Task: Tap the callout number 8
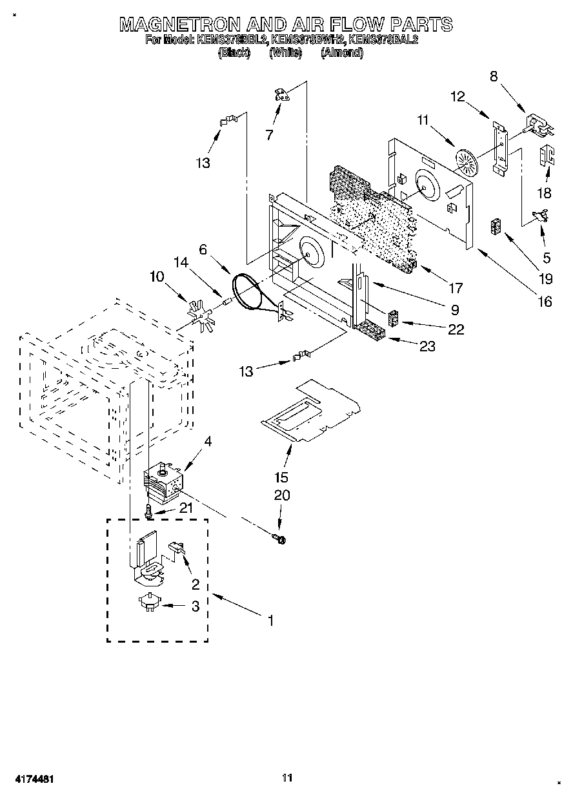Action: pos(494,76)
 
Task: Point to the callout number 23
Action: pos(427,346)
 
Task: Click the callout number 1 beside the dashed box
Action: pos(271,621)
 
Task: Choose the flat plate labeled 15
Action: pos(310,413)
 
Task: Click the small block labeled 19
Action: pos(496,228)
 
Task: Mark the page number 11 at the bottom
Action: pos(287,778)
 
